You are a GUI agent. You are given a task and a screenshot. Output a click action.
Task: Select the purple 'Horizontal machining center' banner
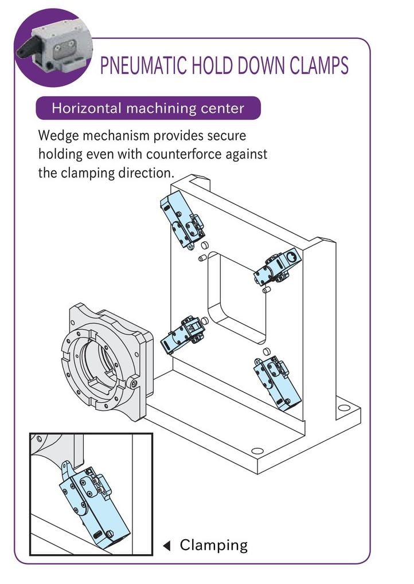[x=148, y=108]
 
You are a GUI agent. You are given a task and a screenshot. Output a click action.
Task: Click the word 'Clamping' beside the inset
[x=213, y=545]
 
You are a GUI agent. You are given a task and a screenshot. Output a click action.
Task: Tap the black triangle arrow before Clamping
[x=167, y=546]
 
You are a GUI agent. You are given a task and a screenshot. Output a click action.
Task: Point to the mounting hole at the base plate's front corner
[x=257, y=451]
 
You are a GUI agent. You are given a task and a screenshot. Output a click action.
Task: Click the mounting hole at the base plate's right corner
[x=343, y=409]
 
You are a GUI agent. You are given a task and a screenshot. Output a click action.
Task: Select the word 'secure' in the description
[x=227, y=136]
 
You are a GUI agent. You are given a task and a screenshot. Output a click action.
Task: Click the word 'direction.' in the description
[x=143, y=173]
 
